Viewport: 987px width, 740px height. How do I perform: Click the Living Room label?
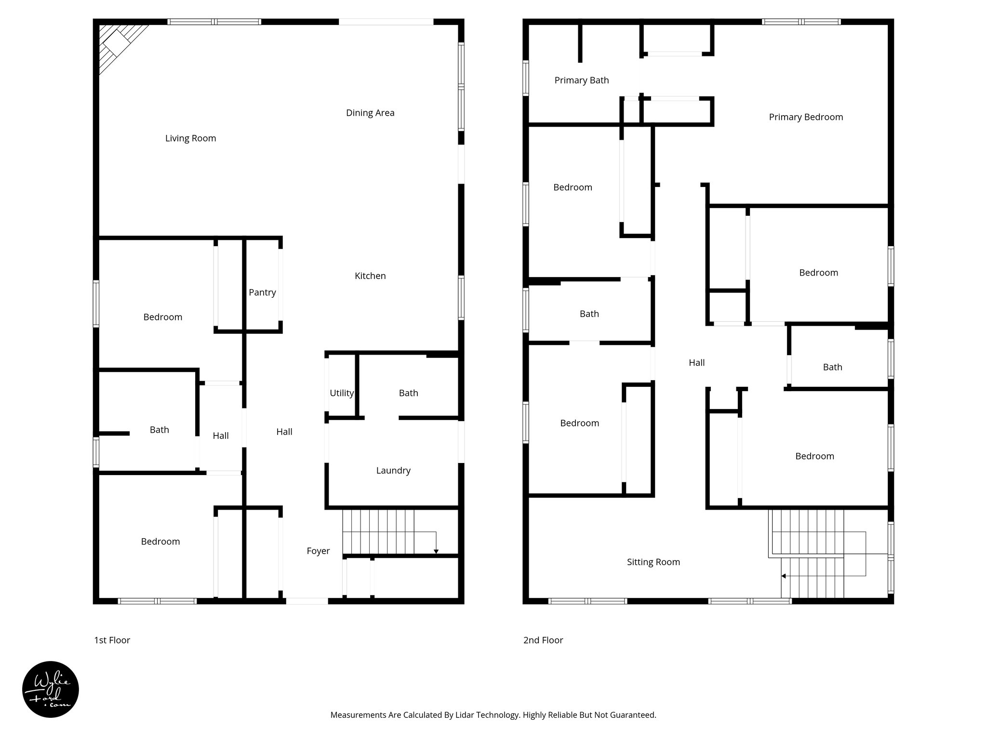[x=190, y=138]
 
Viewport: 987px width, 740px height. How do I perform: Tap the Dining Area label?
[x=370, y=113]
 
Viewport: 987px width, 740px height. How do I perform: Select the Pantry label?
[x=262, y=292]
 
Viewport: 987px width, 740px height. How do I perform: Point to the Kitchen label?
[x=370, y=276]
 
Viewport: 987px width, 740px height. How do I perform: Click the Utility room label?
[x=342, y=393]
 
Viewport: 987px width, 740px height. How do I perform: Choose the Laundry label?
[x=393, y=471]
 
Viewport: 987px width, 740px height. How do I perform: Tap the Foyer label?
[x=318, y=551]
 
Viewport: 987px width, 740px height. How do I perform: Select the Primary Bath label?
[x=582, y=80]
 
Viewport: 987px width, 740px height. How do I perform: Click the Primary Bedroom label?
[x=806, y=117]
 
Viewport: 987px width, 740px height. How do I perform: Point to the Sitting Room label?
[x=653, y=562]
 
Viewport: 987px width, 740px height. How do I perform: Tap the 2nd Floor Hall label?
[x=696, y=363]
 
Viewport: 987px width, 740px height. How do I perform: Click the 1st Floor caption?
[x=112, y=640]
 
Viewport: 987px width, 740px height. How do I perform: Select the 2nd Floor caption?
[x=543, y=640]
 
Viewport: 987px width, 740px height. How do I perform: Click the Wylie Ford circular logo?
[x=51, y=689]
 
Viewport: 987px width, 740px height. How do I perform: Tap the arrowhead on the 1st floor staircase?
[x=436, y=551]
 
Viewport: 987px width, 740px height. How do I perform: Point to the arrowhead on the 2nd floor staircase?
[x=784, y=576]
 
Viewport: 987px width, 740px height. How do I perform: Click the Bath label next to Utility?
[x=408, y=393]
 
